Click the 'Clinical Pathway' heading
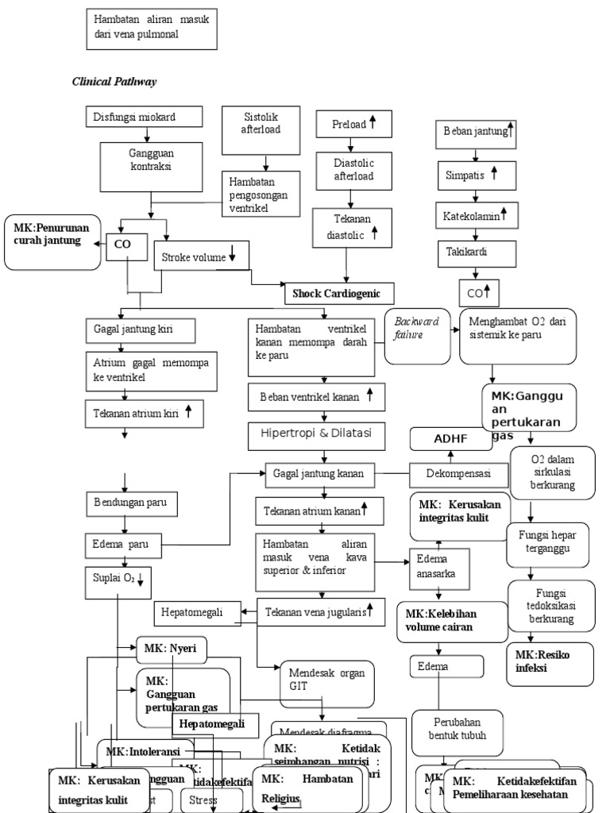click(118, 81)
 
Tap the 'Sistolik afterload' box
click(261, 126)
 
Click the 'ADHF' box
click(449, 438)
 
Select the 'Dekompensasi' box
click(458, 474)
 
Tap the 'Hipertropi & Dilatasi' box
click(322, 433)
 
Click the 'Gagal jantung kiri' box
click(151, 329)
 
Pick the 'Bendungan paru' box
click(132, 503)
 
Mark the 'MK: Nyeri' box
click(172, 649)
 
